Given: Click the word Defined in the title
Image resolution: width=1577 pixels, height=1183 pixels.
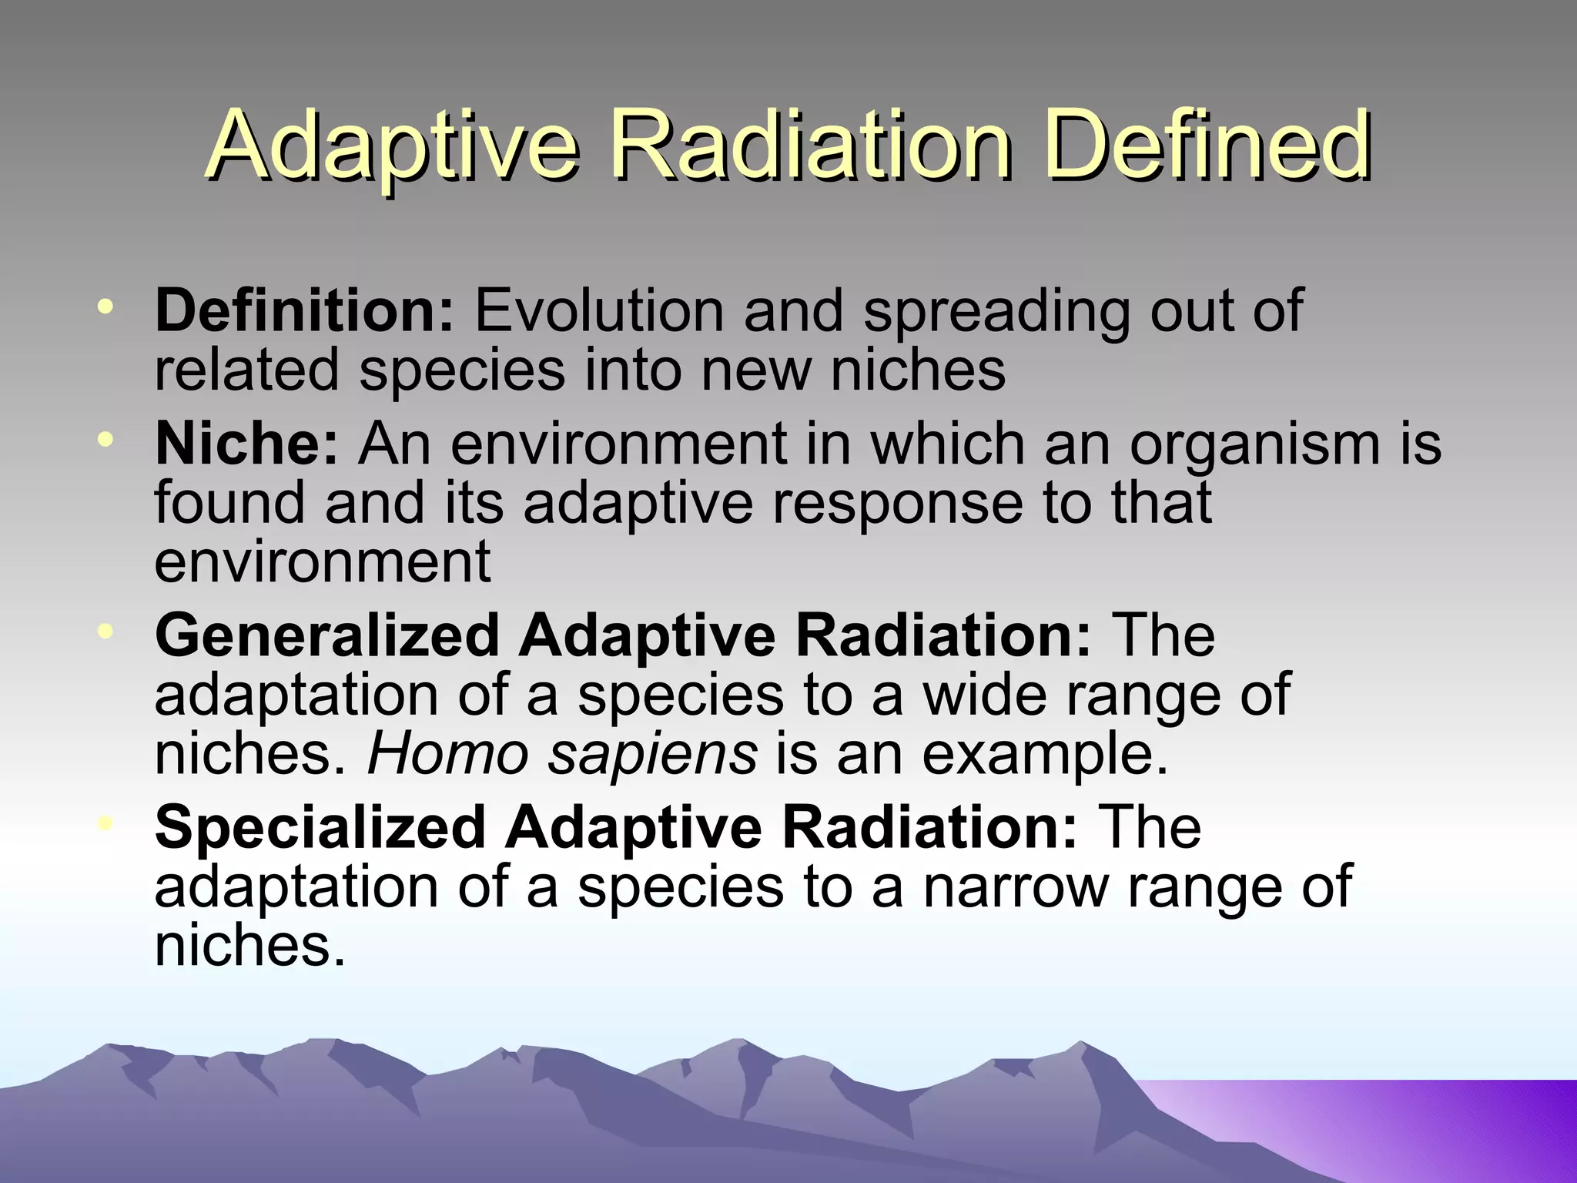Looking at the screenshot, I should coord(1208,146).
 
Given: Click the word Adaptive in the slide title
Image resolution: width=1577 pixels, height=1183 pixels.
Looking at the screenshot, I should coord(393,146).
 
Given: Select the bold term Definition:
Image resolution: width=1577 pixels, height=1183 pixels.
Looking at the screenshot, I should coord(305,310).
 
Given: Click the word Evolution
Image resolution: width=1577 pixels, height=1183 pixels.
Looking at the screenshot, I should coord(599,310).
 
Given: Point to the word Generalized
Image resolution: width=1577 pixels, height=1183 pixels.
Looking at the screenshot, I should coord(327,635).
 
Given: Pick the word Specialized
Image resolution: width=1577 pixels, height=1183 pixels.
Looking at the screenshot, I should coord(320,827).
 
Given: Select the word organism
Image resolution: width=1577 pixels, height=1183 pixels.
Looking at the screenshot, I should coord(1254,445).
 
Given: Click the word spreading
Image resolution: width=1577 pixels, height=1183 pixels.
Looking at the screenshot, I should coord(996,312).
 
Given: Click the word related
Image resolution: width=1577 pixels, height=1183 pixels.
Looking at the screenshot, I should coord(246,370).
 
